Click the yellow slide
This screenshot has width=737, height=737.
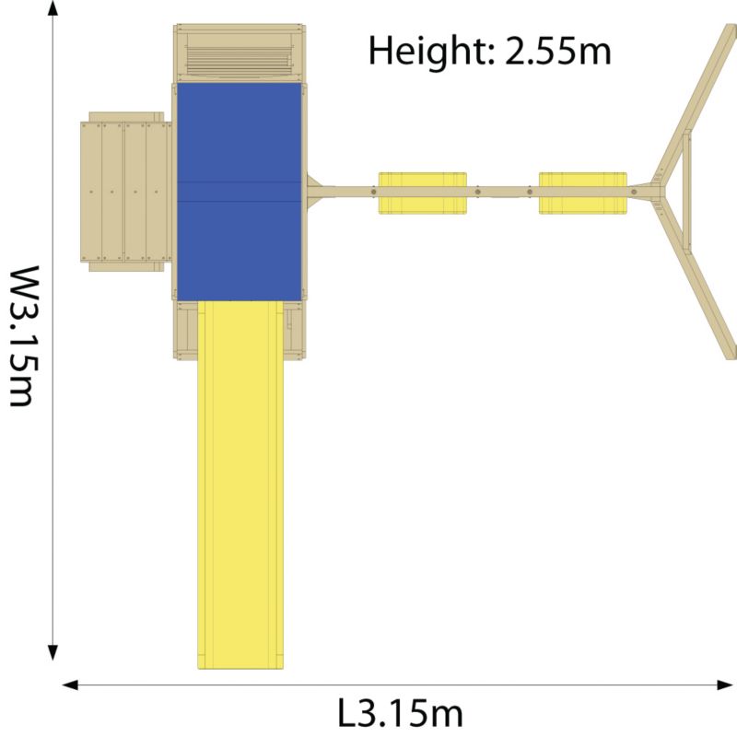click(x=240, y=485)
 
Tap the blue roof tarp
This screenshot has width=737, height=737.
click(x=240, y=192)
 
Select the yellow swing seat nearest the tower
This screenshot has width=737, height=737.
click(x=423, y=193)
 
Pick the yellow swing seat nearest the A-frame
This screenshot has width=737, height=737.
click(x=583, y=193)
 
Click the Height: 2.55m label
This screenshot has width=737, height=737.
click(x=489, y=51)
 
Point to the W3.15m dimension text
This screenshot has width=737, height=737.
click(x=24, y=336)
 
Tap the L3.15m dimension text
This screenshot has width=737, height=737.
click(x=401, y=713)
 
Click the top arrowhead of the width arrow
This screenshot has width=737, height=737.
click(x=53, y=8)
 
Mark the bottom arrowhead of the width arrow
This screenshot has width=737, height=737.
click(x=53, y=653)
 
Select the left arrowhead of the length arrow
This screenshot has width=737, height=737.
click(x=70, y=684)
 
